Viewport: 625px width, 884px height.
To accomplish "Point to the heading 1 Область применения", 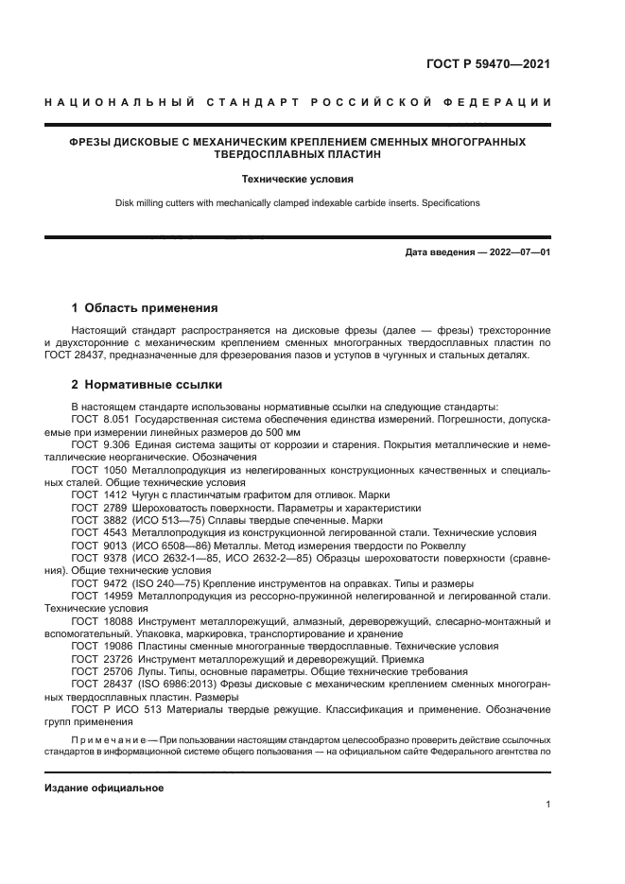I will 145,307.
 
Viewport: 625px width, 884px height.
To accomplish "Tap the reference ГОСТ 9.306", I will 100,442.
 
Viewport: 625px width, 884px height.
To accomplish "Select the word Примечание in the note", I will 107,739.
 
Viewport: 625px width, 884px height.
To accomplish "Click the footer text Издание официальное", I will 104,788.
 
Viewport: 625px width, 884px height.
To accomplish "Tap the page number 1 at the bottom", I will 547,806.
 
